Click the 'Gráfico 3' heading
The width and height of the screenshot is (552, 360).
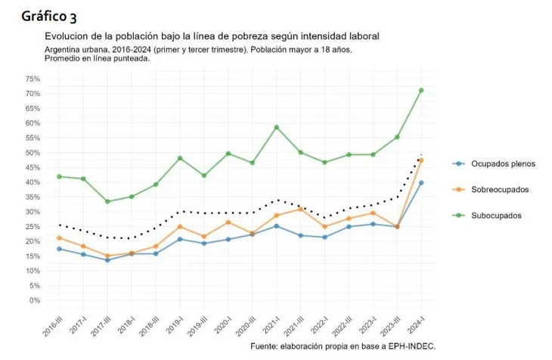pyautogui.click(x=49, y=16)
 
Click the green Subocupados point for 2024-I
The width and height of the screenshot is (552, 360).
pyautogui.click(x=421, y=91)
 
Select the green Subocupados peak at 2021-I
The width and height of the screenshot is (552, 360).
pyautogui.click(x=277, y=127)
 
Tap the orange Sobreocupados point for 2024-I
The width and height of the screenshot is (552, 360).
pyautogui.click(x=421, y=160)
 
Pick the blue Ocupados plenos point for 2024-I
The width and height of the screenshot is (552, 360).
pyautogui.click(x=421, y=183)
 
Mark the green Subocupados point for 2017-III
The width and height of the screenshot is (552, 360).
pyautogui.click(x=107, y=201)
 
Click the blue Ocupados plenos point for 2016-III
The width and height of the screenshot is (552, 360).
pyautogui.click(x=59, y=249)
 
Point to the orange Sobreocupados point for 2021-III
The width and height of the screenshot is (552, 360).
pyautogui.click(x=300, y=209)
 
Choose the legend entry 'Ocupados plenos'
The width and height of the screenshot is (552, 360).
pyautogui.click(x=500, y=163)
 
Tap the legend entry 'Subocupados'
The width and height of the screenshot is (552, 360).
pyautogui.click(x=495, y=216)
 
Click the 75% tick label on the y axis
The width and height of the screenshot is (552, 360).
pyautogui.click(x=33, y=79)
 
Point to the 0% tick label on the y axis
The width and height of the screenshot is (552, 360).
pyautogui.click(x=35, y=300)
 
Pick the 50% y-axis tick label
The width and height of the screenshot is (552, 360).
pyautogui.click(x=33, y=153)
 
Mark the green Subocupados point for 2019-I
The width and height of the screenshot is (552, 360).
pyautogui.click(x=180, y=158)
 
